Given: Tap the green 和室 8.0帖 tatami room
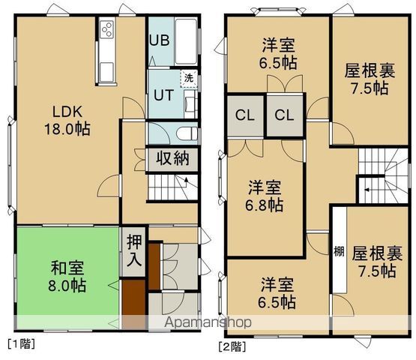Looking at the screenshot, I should (x=67, y=277).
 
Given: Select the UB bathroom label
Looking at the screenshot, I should (x=159, y=40).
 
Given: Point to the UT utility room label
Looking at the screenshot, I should (x=164, y=95).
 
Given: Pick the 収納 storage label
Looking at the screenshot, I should (x=172, y=158).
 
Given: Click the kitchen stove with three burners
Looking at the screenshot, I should (x=107, y=31).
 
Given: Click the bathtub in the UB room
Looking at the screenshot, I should (x=184, y=42).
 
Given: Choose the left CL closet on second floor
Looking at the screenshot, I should (x=244, y=115).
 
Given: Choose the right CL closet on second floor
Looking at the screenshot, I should (x=283, y=115).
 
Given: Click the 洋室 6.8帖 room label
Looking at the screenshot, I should (x=265, y=194).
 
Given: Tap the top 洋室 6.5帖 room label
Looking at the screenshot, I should (x=278, y=52).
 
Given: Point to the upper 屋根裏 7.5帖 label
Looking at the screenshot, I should (x=367, y=79).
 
